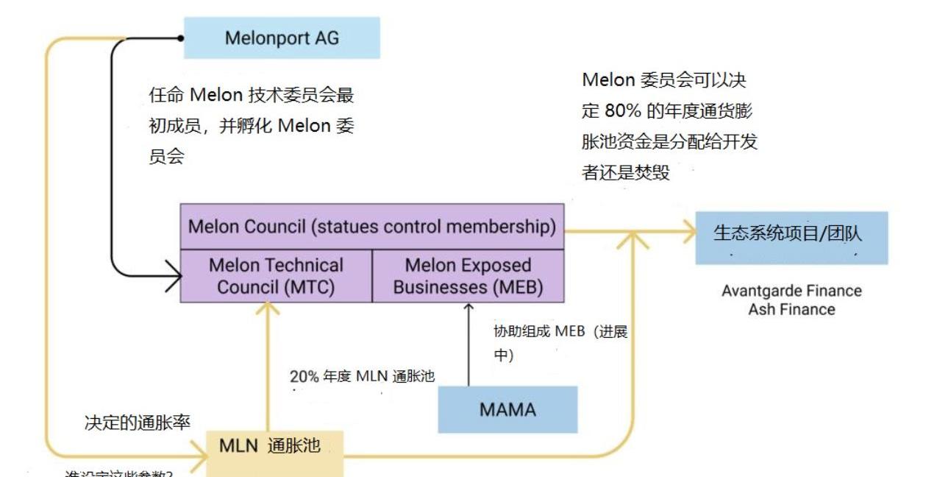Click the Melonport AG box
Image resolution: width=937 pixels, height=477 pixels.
click(282, 38)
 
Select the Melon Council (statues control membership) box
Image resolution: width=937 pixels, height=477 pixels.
click(372, 226)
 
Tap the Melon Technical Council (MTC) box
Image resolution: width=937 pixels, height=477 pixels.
click(276, 275)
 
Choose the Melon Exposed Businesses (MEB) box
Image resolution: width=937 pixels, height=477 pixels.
click(468, 275)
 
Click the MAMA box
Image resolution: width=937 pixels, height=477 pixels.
click(507, 409)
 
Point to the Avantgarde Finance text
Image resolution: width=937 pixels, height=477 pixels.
click(791, 291)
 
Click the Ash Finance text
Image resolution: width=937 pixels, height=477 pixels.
click(791, 309)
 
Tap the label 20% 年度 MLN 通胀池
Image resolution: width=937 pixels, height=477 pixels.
click(362, 376)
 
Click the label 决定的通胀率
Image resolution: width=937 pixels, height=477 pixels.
click(138, 423)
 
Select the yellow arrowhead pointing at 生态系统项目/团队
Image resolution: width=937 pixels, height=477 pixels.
click(689, 233)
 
